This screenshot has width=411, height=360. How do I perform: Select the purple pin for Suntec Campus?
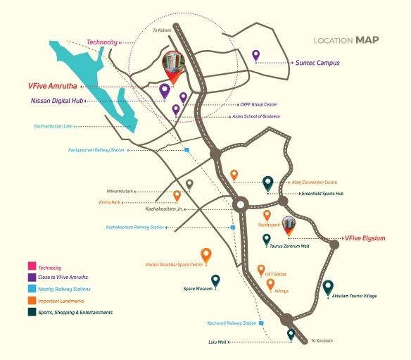pos(256,55)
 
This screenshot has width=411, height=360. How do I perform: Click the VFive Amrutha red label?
pos(55,86)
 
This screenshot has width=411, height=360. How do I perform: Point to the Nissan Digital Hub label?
pos(60,101)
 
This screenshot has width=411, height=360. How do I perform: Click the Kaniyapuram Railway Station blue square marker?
pos(186,150)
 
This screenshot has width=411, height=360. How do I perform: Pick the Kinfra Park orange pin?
pos(177,195)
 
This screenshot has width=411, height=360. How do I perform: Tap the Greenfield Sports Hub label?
pos(322,193)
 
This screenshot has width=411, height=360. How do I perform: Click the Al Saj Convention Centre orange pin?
pos(234,174)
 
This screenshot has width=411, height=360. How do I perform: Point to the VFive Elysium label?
pos(365,238)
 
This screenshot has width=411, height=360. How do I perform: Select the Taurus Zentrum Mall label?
pos(291,247)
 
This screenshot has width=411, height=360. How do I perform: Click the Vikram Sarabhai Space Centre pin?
pos(205,254)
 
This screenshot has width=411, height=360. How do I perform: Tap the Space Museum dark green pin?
pos(215,281)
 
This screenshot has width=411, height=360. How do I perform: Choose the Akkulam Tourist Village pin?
pos(328,287)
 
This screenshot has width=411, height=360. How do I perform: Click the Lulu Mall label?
pos(217,342)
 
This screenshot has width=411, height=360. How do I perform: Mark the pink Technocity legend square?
pos(31,267)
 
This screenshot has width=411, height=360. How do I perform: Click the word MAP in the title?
pos(367,40)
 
